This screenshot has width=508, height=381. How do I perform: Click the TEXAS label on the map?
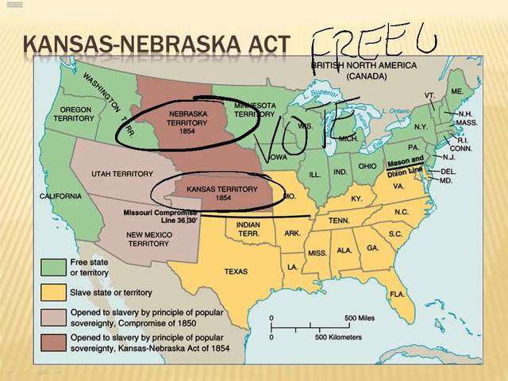[x=236, y=271]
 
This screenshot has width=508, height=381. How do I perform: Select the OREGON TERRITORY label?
[x=74, y=114]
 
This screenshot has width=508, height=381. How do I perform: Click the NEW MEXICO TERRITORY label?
[x=148, y=239]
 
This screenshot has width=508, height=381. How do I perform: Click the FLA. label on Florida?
[x=397, y=294]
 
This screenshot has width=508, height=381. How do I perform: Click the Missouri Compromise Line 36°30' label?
[x=160, y=217]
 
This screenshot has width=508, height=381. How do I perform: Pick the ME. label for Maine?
[x=456, y=91]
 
